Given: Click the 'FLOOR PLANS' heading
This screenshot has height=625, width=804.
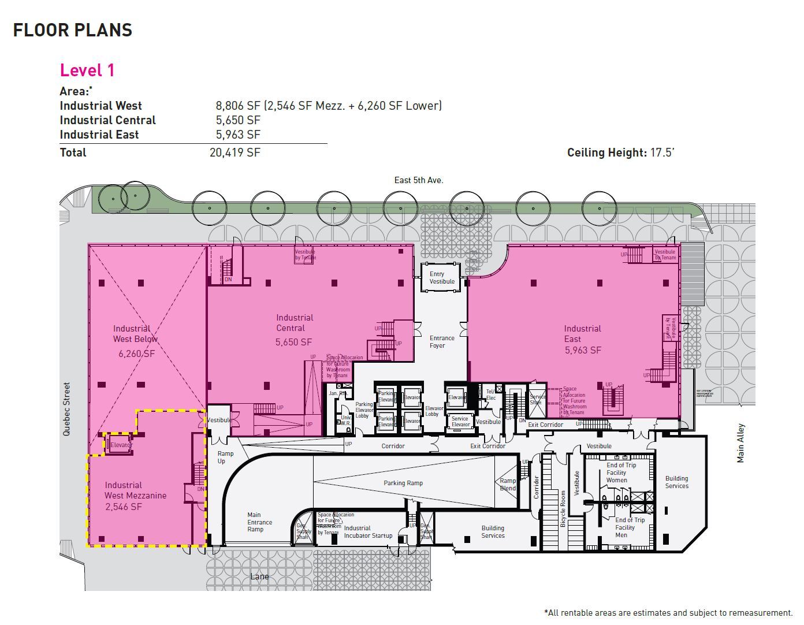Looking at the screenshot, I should [x=73, y=30].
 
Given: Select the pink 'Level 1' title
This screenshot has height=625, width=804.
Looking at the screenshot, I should [x=87, y=70].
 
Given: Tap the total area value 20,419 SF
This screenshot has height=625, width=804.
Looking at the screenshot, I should [x=234, y=152].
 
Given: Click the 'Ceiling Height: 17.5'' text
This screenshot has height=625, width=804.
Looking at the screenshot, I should [x=620, y=152].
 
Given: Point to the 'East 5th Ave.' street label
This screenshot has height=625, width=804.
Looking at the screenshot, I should [x=419, y=180].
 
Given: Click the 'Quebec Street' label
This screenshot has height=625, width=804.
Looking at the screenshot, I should [x=67, y=408].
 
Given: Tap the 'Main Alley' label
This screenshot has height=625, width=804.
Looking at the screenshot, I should [x=741, y=443].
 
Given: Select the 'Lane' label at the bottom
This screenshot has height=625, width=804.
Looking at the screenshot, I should [x=260, y=576].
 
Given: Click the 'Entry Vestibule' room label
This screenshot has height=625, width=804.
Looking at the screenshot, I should [x=442, y=278].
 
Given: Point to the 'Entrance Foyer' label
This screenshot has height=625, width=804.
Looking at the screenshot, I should [x=442, y=342].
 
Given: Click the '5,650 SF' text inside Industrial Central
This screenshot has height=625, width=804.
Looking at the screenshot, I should [x=293, y=342].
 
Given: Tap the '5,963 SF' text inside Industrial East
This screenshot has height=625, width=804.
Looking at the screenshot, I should [x=583, y=350].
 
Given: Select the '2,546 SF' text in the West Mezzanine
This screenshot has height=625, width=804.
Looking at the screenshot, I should [x=123, y=507].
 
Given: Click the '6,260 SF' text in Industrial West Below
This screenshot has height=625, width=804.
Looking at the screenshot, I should [x=136, y=354].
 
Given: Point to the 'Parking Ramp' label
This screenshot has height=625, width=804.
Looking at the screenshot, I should [x=403, y=483].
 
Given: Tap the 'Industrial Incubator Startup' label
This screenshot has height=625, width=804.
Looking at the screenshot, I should [x=368, y=532].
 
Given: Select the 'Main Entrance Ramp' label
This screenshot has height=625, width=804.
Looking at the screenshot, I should [x=259, y=522].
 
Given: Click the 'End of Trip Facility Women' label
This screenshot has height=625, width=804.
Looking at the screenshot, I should [x=621, y=473].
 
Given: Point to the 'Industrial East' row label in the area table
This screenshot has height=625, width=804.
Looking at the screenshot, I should [x=99, y=135].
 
